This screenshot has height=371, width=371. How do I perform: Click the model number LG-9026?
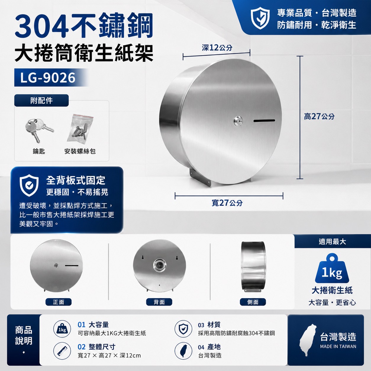coord(48,78)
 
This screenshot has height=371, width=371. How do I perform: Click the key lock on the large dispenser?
coord(238,121)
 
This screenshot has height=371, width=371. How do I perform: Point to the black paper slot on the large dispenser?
coord(264,121)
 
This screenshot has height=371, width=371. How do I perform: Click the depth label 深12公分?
coord(217,48)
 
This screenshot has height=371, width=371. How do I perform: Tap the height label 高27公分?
coord(319,117)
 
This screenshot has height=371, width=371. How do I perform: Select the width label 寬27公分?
coord(227,203)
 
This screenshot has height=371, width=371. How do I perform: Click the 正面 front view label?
coord(59,302)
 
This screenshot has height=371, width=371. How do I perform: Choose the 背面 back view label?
coord(159,302)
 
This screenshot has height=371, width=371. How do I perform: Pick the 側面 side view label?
coord(253,302)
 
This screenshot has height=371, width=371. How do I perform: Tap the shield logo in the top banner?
coord(260,18)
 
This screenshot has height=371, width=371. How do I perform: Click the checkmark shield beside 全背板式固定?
coord(29,185)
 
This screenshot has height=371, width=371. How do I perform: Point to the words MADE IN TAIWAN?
coord(338,346)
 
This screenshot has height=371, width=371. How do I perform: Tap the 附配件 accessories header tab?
coord(41,100)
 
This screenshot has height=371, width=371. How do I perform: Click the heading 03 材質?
coord(209,325)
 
